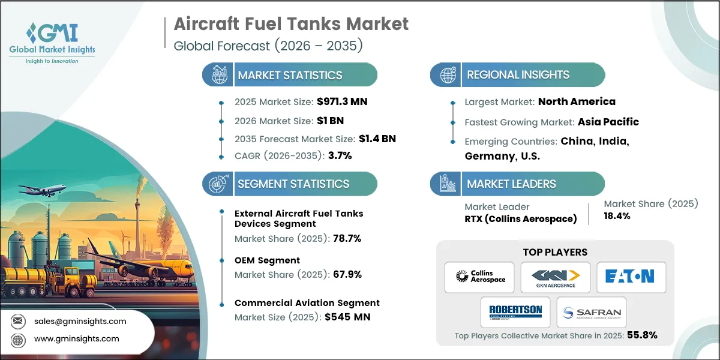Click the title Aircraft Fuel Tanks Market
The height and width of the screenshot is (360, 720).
pyautogui.click(x=291, y=24)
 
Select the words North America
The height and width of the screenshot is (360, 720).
pyautogui.click(x=577, y=101)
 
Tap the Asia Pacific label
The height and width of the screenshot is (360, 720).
pyautogui.click(x=608, y=122)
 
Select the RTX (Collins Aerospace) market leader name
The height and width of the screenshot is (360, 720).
pyautogui.click(x=520, y=219)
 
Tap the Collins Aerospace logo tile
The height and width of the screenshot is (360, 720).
pyautogui.click(x=479, y=277)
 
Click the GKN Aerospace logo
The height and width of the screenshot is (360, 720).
pyautogui.click(x=555, y=277)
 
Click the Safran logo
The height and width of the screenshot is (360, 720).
pyautogui.click(x=592, y=312)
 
